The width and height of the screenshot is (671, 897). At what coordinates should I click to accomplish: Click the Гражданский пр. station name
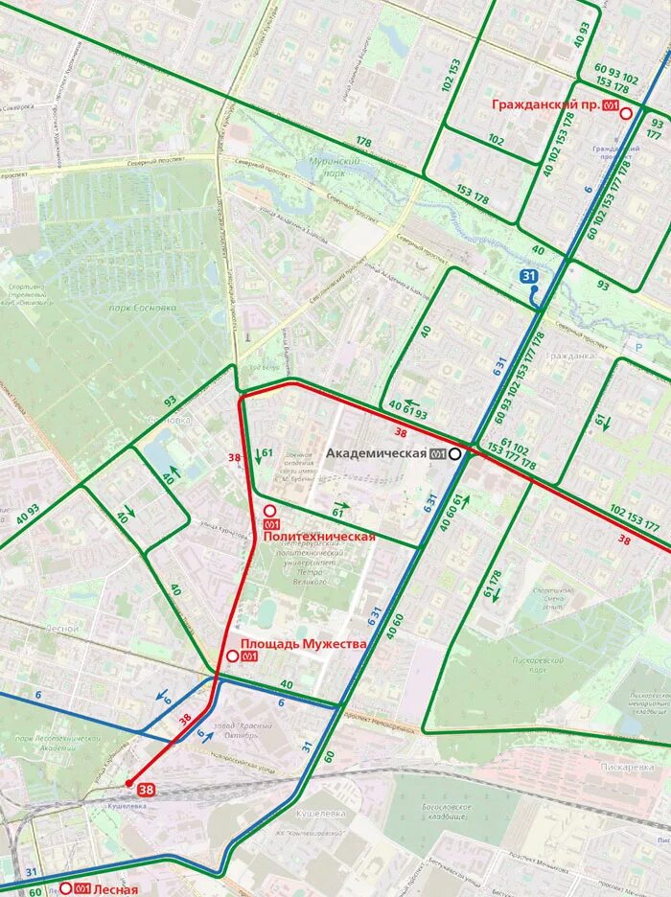(x=545, y=104)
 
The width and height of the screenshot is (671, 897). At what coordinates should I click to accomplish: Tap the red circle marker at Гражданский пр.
(x=626, y=113)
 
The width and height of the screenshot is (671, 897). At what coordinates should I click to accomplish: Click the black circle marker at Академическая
(x=454, y=453)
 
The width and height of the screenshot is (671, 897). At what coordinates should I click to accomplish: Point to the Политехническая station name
(x=318, y=537)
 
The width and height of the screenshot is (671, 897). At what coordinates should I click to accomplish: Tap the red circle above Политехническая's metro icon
(x=270, y=511)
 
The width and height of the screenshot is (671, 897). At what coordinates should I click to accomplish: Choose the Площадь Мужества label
(x=303, y=644)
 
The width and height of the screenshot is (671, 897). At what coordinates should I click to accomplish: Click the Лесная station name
(x=116, y=888)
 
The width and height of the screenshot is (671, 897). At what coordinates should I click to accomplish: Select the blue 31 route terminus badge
(x=529, y=276)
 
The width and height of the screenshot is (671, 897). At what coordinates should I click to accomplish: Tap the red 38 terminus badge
(x=146, y=790)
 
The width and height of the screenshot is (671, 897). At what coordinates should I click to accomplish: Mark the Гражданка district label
(x=569, y=355)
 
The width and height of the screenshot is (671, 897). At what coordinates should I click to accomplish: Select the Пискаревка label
(x=628, y=767)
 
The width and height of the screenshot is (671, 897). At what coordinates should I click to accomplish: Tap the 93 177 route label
(x=657, y=128)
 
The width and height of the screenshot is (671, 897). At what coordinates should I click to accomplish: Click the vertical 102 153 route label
(x=450, y=76)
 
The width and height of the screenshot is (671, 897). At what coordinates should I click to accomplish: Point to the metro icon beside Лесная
(x=82, y=888)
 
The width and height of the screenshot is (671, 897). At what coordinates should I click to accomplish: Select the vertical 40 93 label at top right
(x=580, y=34)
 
